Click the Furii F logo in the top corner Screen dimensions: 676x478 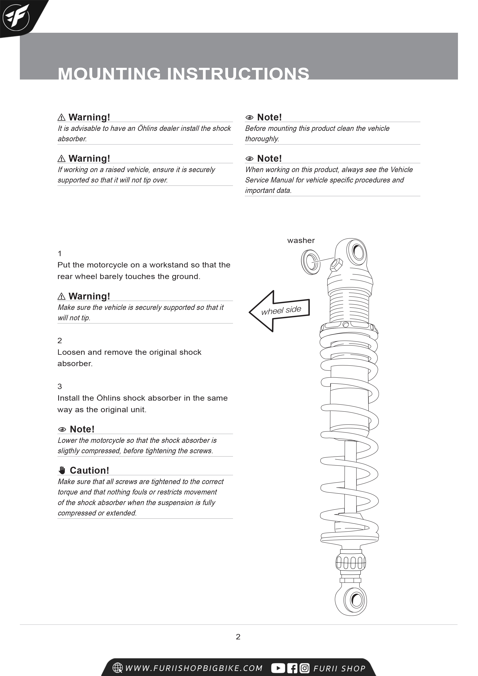tap(16, 17)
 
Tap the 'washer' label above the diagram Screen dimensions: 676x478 tap(301, 240)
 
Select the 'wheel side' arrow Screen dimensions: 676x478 tap(279, 311)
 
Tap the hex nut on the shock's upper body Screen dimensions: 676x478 tap(336, 265)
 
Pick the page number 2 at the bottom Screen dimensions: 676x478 tap(238, 637)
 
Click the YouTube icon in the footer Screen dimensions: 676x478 tap(278, 668)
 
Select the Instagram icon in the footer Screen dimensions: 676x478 tap(304, 668)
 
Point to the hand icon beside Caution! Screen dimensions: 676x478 tap(62, 470)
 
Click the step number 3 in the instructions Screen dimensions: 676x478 tap(60, 386)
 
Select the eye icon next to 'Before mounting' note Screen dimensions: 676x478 tap(249, 118)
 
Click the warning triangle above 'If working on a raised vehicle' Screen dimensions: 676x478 tap(61, 159)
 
